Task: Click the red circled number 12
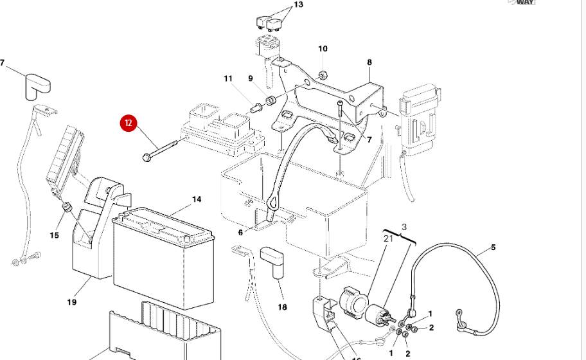pos(129,123)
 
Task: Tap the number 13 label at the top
pos(297,5)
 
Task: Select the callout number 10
pos(323,49)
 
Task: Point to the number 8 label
pos(369,62)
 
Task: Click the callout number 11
pos(228,78)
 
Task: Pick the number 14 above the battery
pos(197,199)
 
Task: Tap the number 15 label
pos(54,235)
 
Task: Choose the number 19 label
pos(71,301)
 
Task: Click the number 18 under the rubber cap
pos(282,307)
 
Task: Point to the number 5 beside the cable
pos(493,247)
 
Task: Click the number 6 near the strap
pos(241,233)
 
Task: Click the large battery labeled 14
pos(164,257)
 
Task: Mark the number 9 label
pos(251,79)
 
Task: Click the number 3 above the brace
pos(404,228)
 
